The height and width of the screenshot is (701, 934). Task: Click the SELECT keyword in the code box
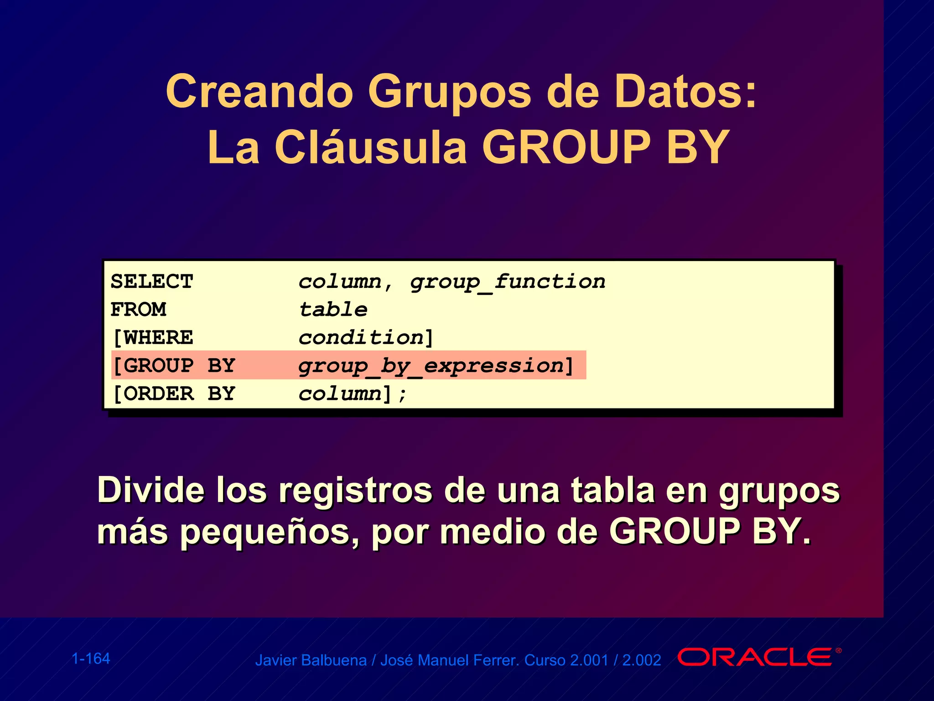coord(152,282)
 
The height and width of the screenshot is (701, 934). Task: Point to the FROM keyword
coord(139,309)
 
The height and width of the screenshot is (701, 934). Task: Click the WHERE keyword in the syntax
coord(158,338)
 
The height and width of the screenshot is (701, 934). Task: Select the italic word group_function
coord(508,282)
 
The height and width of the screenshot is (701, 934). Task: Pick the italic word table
coord(333,310)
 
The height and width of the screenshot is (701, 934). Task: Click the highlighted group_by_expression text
coord(431,366)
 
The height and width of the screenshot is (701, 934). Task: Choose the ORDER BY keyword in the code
coord(179,394)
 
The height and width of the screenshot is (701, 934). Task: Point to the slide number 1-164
coord(91,659)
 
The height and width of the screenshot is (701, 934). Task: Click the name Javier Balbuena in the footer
coord(311,660)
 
